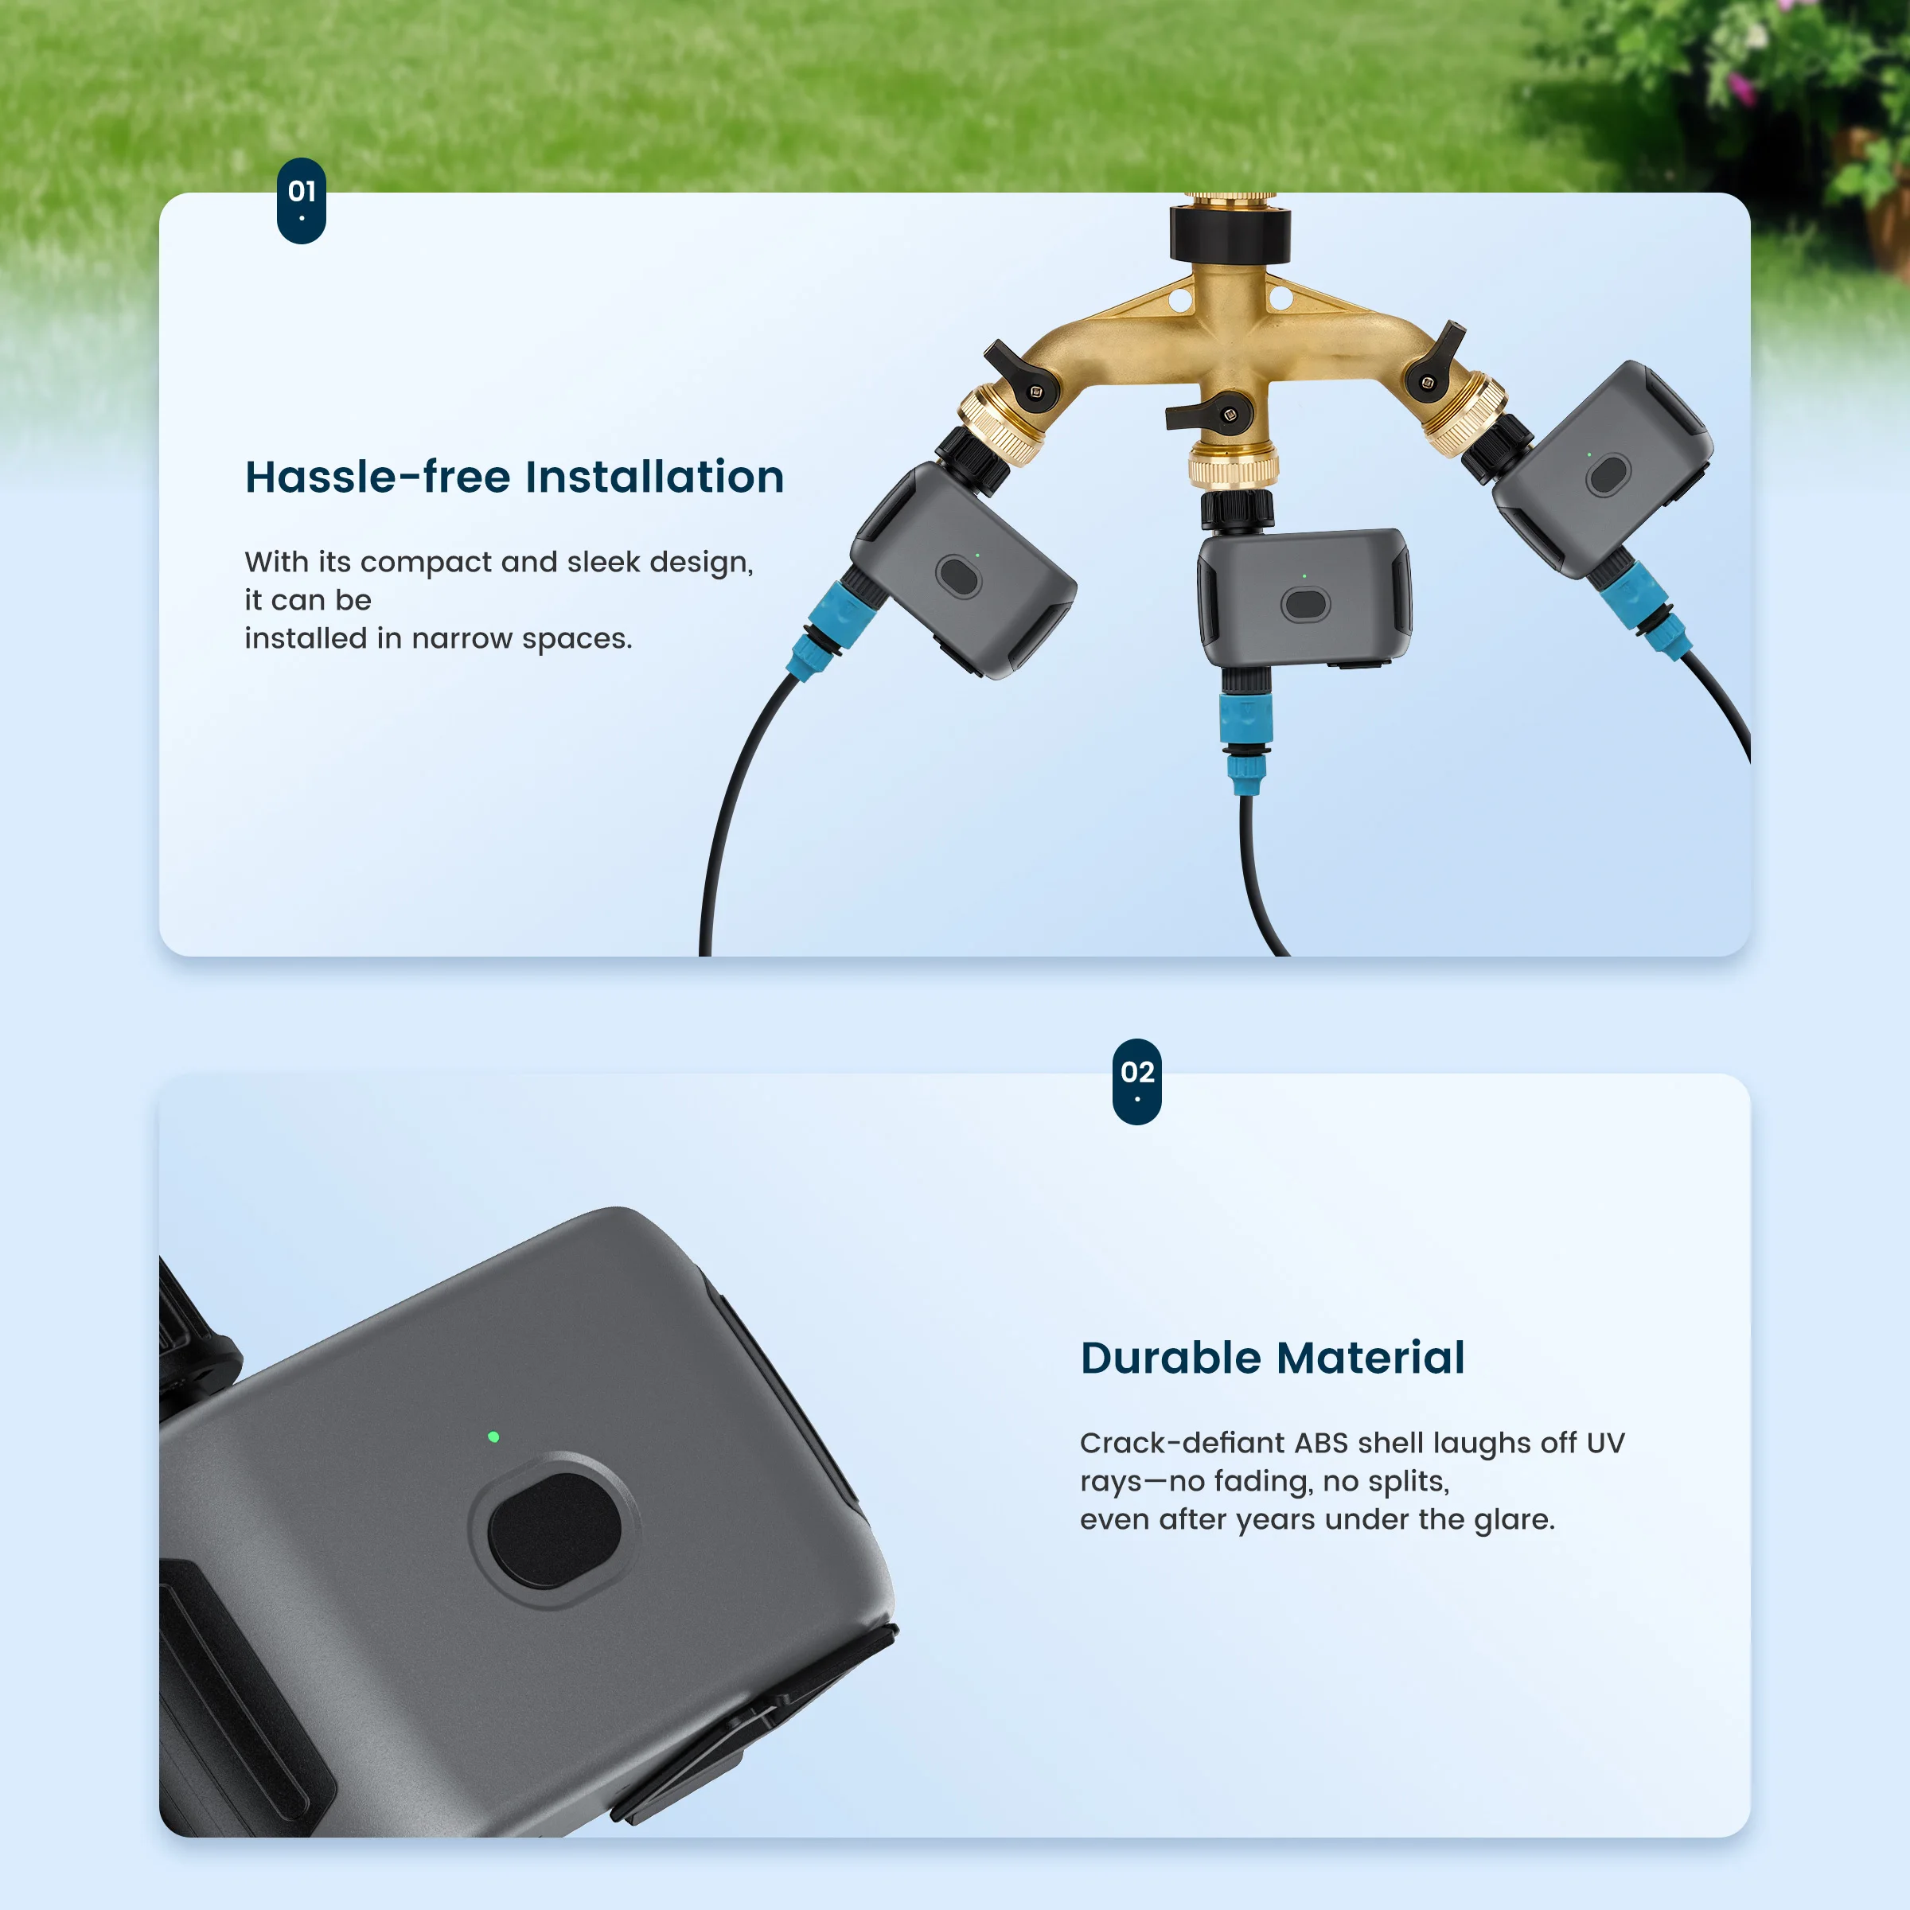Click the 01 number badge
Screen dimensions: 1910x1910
[x=302, y=201]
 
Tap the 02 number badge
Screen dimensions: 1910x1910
[x=1137, y=1082]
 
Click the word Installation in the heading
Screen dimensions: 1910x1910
[x=654, y=477]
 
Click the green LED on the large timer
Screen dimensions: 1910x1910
[x=493, y=1436]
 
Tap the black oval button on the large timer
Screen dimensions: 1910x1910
[x=555, y=1530]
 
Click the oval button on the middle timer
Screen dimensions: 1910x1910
[x=1305, y=604]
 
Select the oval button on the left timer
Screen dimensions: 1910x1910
[x=958, y=576]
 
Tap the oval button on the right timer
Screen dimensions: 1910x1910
[x=1608, y=476]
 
